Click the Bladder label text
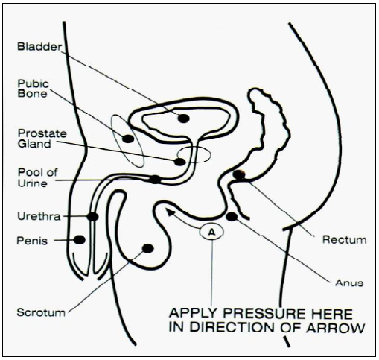pyautogui.click(x=39, y=47)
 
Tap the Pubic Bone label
pyautogui.click(x=33, y=89)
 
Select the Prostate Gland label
pyautogui.click(x=42, y=139)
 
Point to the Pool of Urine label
pyautogui.click(x=37, y=177)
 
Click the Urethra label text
pyautogui.click(x=39, y=216)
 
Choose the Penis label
pyautogui.click(x=32, y=241)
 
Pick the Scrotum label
pyautogui.click(x=41, y=312)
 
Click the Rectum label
pyautogui.click(x=344, y=240)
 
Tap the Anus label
pyautogui.click(x=349, y=282)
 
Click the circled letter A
pyautogui.click(x=211, y=232)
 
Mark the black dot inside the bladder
pyautogui.click(x=184, y=119)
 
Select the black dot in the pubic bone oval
pyautogui.click(x=128, y=139)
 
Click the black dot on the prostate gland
pyautogui.click(x=180, y=162)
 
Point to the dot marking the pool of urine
pyautogui.click(x=156, y=179)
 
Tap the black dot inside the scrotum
pyautogui.click(x=148, y=248)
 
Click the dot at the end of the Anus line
pyautogui.click(x=232, y=217)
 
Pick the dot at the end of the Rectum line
pyautogui.click(x=239, y=174)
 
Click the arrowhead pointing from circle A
pyautogui.click(x=169, y=212)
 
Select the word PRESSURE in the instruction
pyautogui.click(x=264, y=314)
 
